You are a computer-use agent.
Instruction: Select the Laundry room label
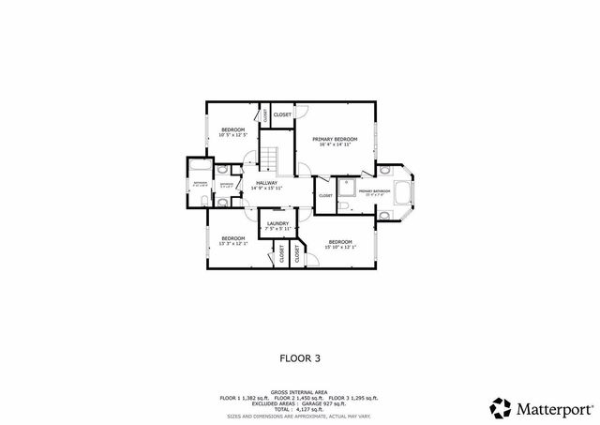click(277, 223)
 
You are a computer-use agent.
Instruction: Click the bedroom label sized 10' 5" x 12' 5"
click(232, 129)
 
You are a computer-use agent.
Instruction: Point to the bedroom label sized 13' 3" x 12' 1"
click(232, 238)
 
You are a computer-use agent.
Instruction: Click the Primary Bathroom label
click(373, 190)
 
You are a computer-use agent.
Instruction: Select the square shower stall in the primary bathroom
click(343, 186)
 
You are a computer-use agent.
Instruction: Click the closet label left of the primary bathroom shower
click(325, 195)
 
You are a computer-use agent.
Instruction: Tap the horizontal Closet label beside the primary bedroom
click(282, 114)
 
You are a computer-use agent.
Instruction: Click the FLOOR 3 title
click(300, 357)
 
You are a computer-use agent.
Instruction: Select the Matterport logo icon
click(500, 408)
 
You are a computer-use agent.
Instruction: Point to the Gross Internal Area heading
click(299, 392)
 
